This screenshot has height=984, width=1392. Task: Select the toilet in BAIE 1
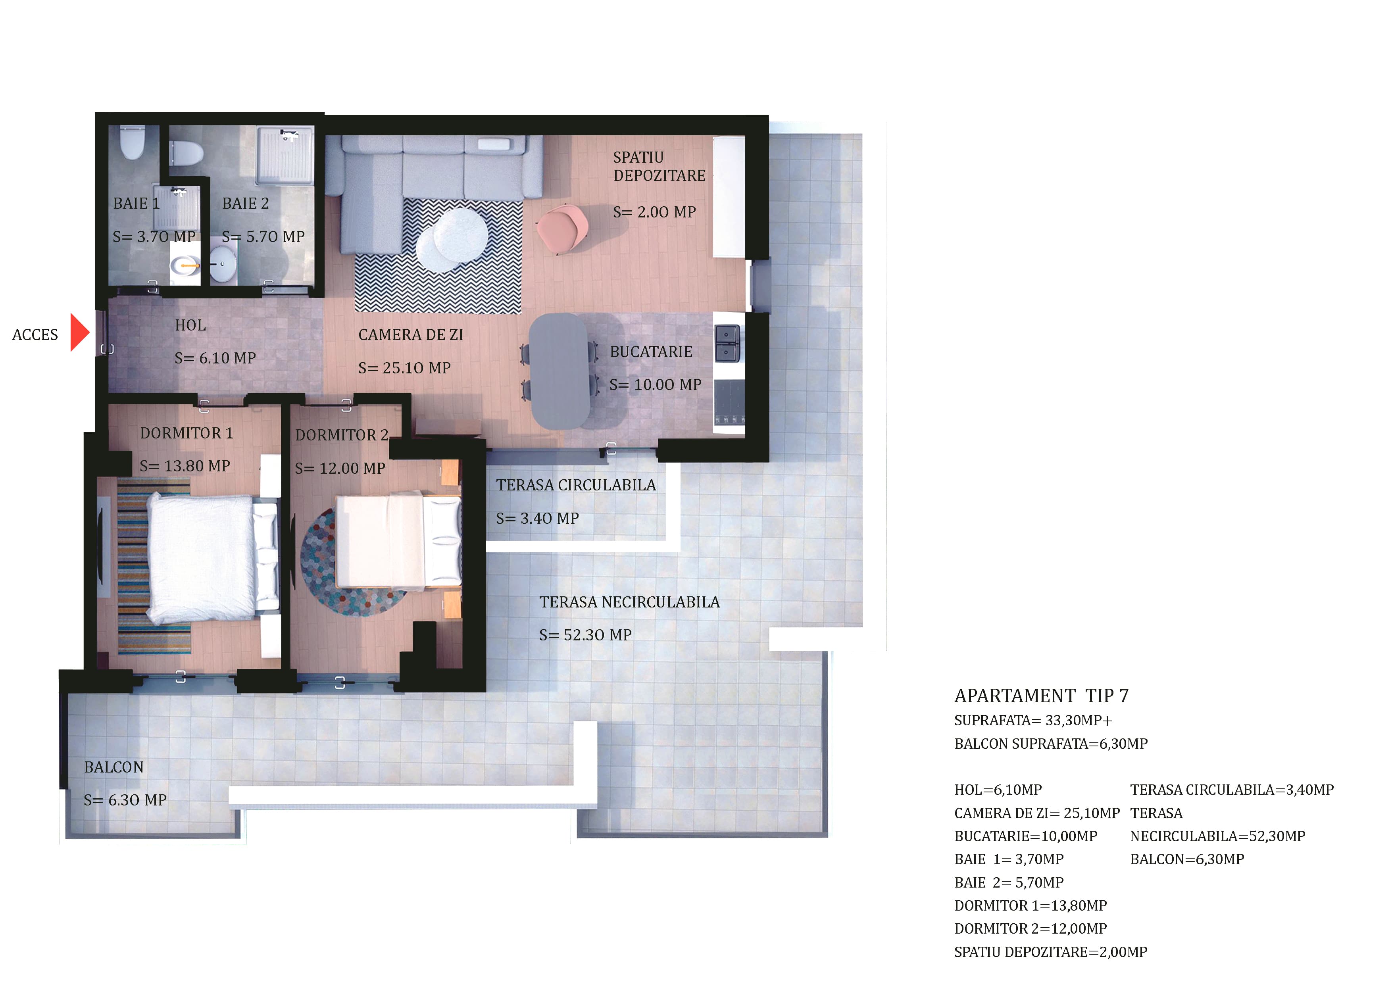pos(132,142)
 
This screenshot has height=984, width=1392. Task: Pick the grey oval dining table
pos(559,371)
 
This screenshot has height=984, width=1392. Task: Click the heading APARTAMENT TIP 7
pos(1041,696)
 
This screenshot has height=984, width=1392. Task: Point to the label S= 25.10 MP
pos(404,368)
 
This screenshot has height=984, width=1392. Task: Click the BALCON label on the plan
pos(114,767)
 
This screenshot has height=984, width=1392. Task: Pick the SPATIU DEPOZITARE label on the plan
pos(659,166)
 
